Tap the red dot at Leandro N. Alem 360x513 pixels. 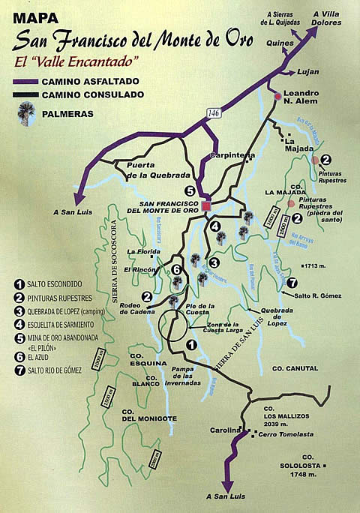pyautogui.click(x=277, y=96)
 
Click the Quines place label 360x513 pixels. pyautogui.click(x=271, y=43)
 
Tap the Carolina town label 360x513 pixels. pyautogui.click(x=225, y=430)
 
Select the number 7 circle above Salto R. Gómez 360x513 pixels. pyautogui.click(x=291, y=283)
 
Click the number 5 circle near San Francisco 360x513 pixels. pyautogui.click(x=190, y=189)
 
